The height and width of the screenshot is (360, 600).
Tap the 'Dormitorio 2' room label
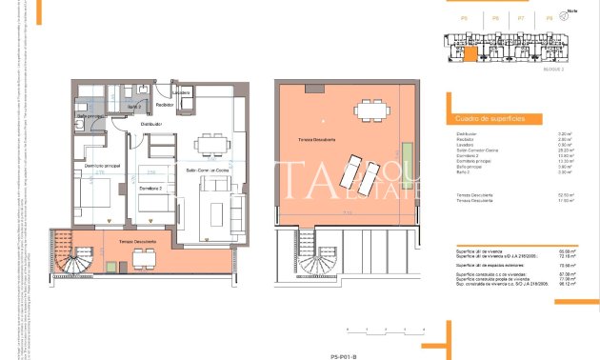coord(149,190)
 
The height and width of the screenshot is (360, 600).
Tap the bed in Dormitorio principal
coord(95,201)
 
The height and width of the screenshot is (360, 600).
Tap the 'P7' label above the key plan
coord(521,18)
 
